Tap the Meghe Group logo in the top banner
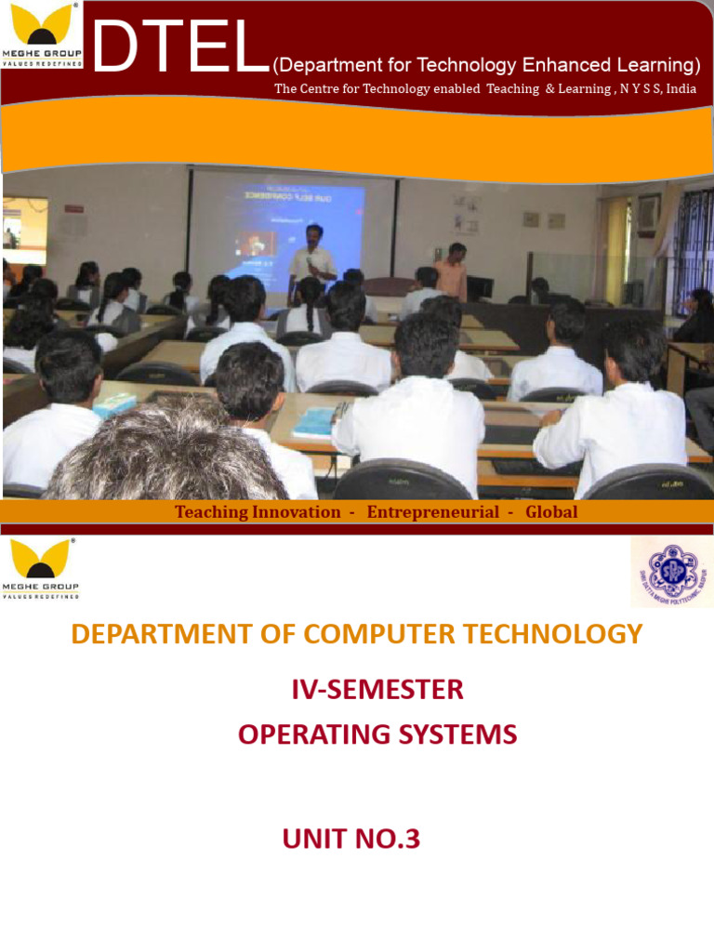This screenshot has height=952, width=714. pos(42,34)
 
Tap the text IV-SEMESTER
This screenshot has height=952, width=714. pos(377,690)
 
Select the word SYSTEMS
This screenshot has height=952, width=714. pos(456,734)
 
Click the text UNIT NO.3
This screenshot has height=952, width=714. pos(351,840)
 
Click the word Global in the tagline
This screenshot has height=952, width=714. pos(551,512)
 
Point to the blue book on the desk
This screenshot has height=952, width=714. pos(313,421)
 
